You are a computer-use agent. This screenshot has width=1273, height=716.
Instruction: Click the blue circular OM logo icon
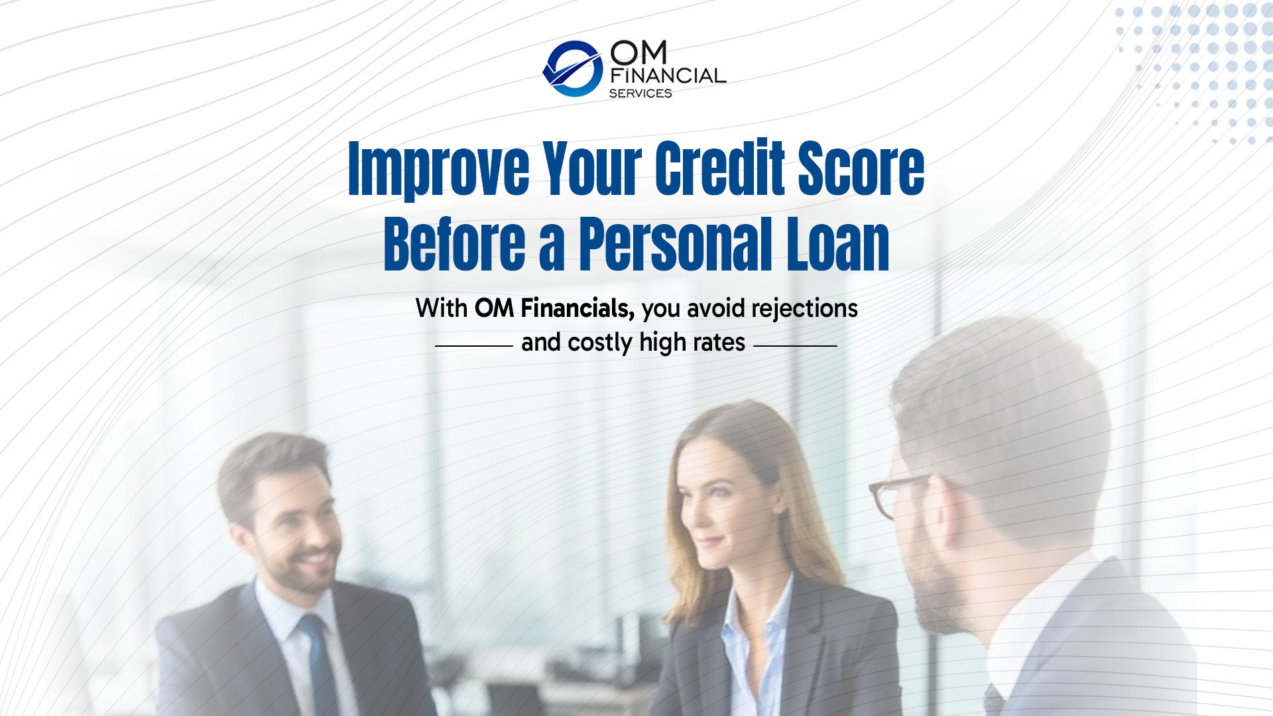[573, 69]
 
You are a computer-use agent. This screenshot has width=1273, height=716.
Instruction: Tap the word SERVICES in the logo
[640, 93]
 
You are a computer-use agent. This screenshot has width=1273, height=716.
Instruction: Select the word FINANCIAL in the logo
[668, 76]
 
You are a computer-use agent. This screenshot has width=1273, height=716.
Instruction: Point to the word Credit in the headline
[720, 167]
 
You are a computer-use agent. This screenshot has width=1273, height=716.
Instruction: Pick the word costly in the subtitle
[600, 343]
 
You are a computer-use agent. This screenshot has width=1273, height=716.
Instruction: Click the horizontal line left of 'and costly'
[474, 346]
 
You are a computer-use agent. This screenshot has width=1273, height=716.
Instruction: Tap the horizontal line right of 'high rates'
[796, 346]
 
